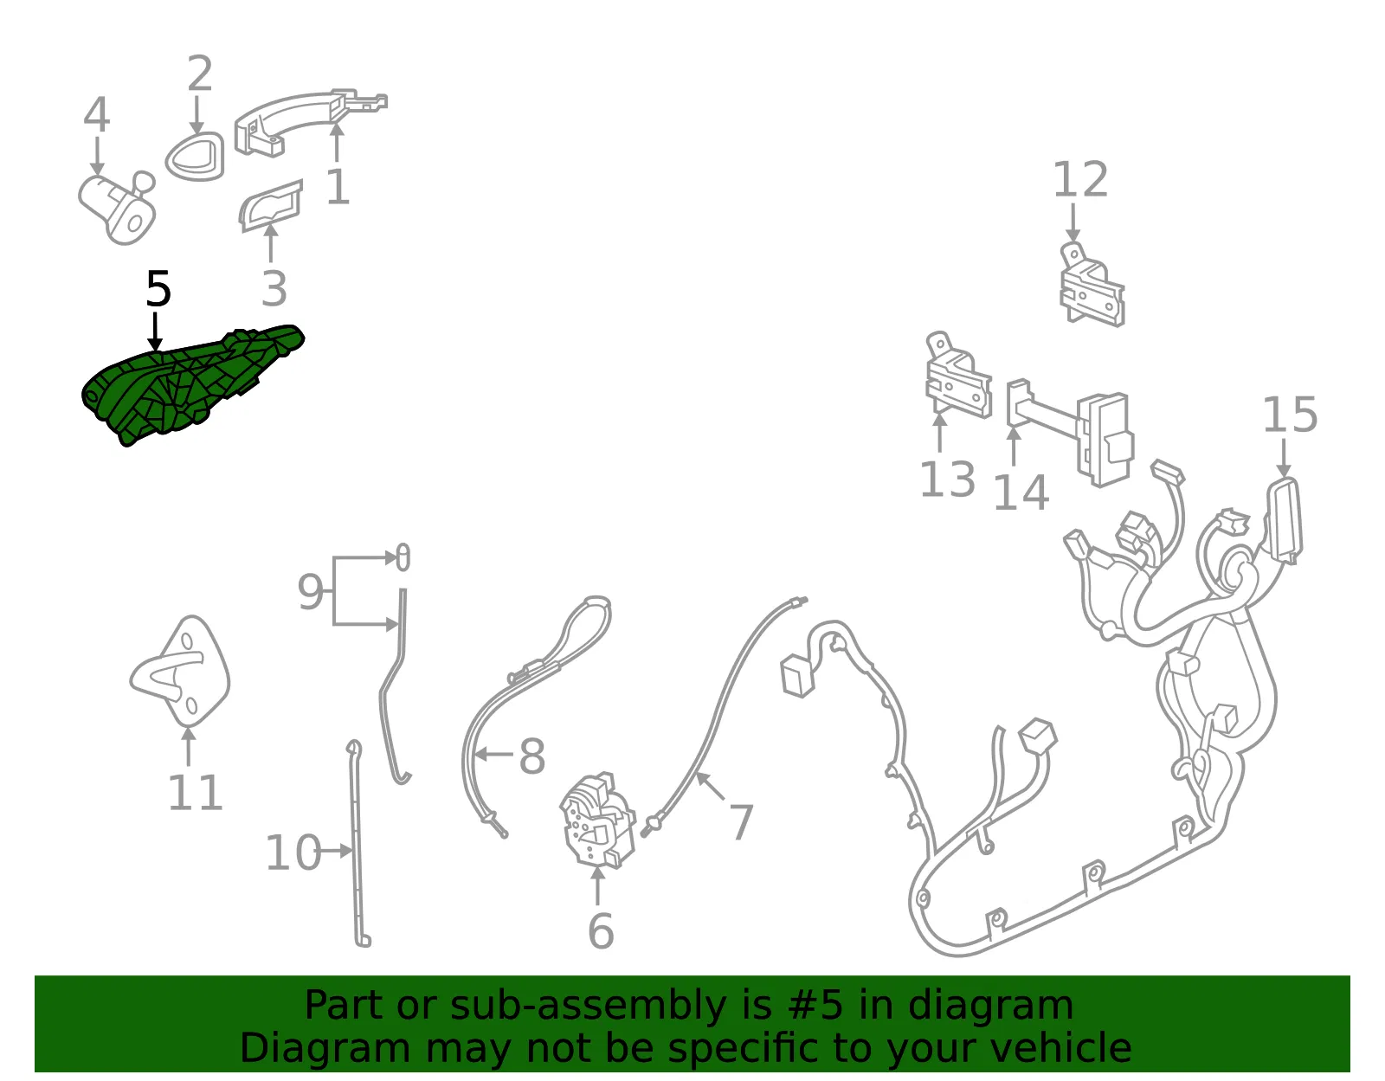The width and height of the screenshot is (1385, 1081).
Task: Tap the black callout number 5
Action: [158, 289]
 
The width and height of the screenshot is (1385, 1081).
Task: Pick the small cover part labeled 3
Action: [269, 205]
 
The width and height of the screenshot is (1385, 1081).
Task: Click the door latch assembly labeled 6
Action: [597, 821]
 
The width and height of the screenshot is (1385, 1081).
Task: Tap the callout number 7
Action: [741, 821]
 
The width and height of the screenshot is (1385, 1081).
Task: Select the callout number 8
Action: [532, 756]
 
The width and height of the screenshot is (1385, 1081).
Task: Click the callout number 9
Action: [311, 592]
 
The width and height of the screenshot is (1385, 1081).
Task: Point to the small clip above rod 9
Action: [403, 557]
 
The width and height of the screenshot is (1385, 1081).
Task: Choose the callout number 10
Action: [293, 853]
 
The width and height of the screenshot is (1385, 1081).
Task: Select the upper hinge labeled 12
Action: [1092, 285]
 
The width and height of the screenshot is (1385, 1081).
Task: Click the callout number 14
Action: [1021, 492]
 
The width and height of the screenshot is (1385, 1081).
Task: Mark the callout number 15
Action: [1290, 415]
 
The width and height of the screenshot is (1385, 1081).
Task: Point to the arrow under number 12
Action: [1073, 222]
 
